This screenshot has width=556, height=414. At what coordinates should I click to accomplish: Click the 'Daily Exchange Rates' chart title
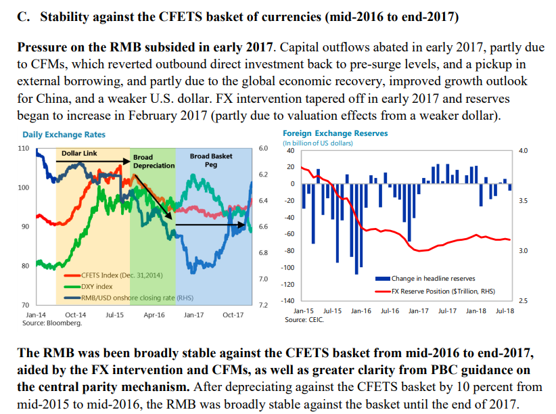pyautogui.click(x=64, y=135)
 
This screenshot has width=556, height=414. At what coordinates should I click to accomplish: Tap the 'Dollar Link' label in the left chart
pyautogui.click(x=79, y=154)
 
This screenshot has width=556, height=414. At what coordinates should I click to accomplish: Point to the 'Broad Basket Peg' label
pyautogui.click(x=211, y=160)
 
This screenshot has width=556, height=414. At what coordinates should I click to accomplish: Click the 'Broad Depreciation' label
pyautogui.click(x=154, y=162)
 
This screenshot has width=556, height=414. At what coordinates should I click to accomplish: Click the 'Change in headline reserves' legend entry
pyautogui.click(x=433, y=278)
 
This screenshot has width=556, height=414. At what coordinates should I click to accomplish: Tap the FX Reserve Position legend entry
pyautogui.click(x=442, y=292)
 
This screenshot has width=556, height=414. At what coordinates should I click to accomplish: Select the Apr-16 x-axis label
pyautogui.click(x=155, y=315)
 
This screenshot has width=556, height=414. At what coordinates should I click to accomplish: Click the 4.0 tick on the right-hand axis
pyautogui.click(x=523, y=151)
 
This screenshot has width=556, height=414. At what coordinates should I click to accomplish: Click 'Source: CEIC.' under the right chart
pyautogui.click(x=303, y=319)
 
